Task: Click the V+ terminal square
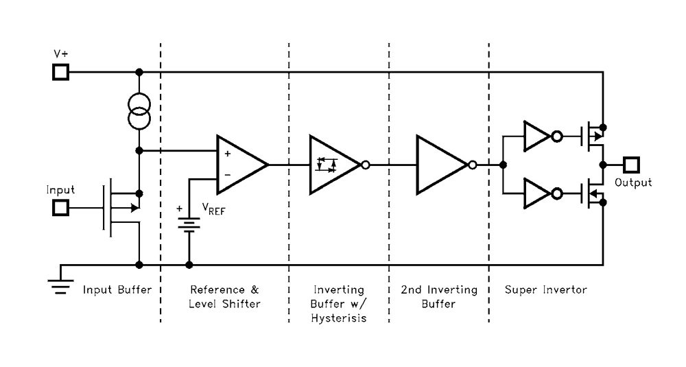tap(61, 71)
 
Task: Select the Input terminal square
tap(61, 207)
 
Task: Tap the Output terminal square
tap(630, 165)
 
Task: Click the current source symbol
tap(139, 112)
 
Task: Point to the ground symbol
tap(61, 284)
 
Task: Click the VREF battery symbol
tap(189, 225)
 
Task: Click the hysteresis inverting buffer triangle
tap(331, 165)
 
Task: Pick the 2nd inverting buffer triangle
tap(439, 165)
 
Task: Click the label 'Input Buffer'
tap(117, 290)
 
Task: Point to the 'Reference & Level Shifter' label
tap(224, 296)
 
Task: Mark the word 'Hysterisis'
tap(339, 318)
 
